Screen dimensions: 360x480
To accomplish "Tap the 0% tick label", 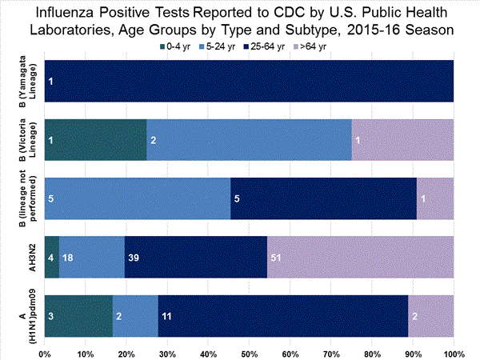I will pyautogui.click(x=46, y=353).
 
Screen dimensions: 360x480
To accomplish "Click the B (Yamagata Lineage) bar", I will pyautogui.click(x=249, y=82).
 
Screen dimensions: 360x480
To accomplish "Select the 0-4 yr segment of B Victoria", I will pyautogui.click(x=95, y=140).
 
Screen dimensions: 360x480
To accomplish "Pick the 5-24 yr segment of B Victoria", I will pyautogui.click(x=249, y=140).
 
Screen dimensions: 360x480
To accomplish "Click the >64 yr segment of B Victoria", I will pyautogui.click(x=402, y=140).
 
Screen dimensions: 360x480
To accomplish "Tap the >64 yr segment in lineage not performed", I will pyautogui.click(x=435, y=198).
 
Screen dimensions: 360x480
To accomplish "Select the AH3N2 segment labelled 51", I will pyautogui.click(x=360, y=257).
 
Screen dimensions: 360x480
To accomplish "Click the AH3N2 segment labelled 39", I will pyautogui.click(x=195, y=257).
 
